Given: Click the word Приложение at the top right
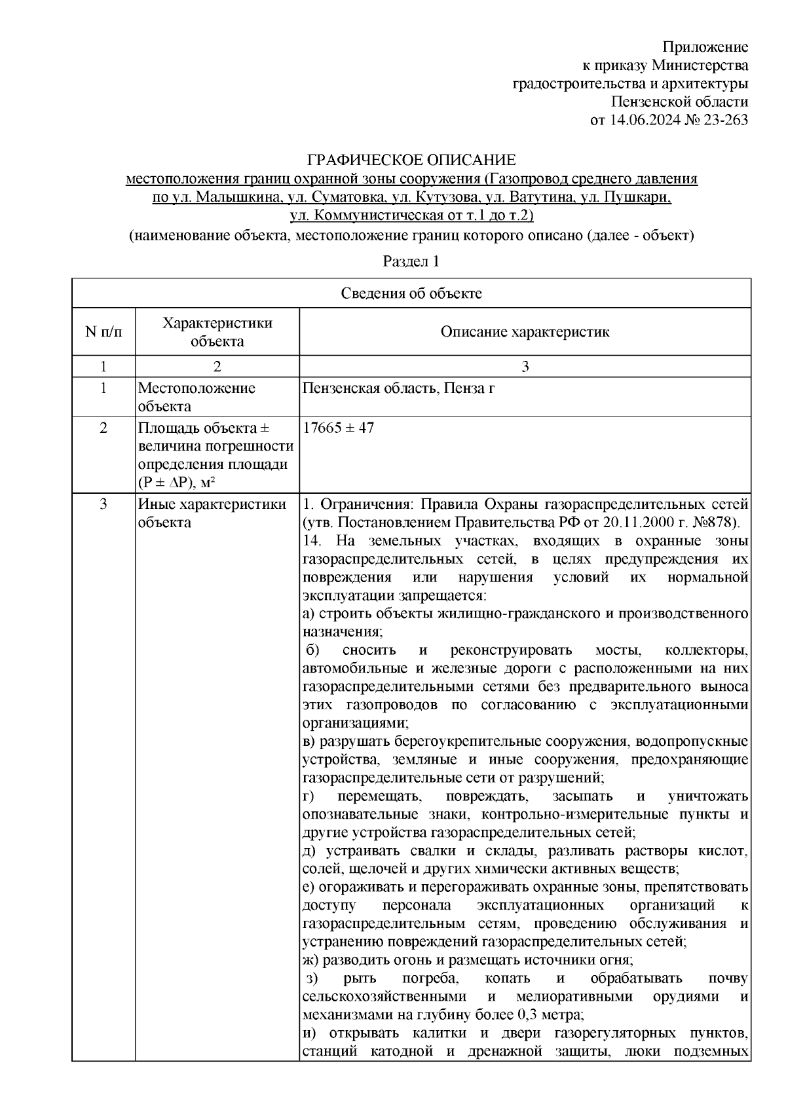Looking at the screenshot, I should point(705,46).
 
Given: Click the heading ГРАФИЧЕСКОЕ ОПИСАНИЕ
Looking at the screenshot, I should point(412,160).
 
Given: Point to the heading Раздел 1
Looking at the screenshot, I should point(411,261).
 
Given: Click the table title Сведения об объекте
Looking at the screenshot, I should point(411,293).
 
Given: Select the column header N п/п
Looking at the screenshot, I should point(103,332).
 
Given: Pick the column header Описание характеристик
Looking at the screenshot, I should point(525,332).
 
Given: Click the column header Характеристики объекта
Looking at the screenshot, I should point(217,332).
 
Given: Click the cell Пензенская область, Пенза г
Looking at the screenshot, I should point(398,388).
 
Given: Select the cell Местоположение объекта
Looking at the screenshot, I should point(196,397).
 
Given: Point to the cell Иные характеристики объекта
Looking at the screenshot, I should point(212,513).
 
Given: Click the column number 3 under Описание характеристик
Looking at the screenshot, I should point(525,367).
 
